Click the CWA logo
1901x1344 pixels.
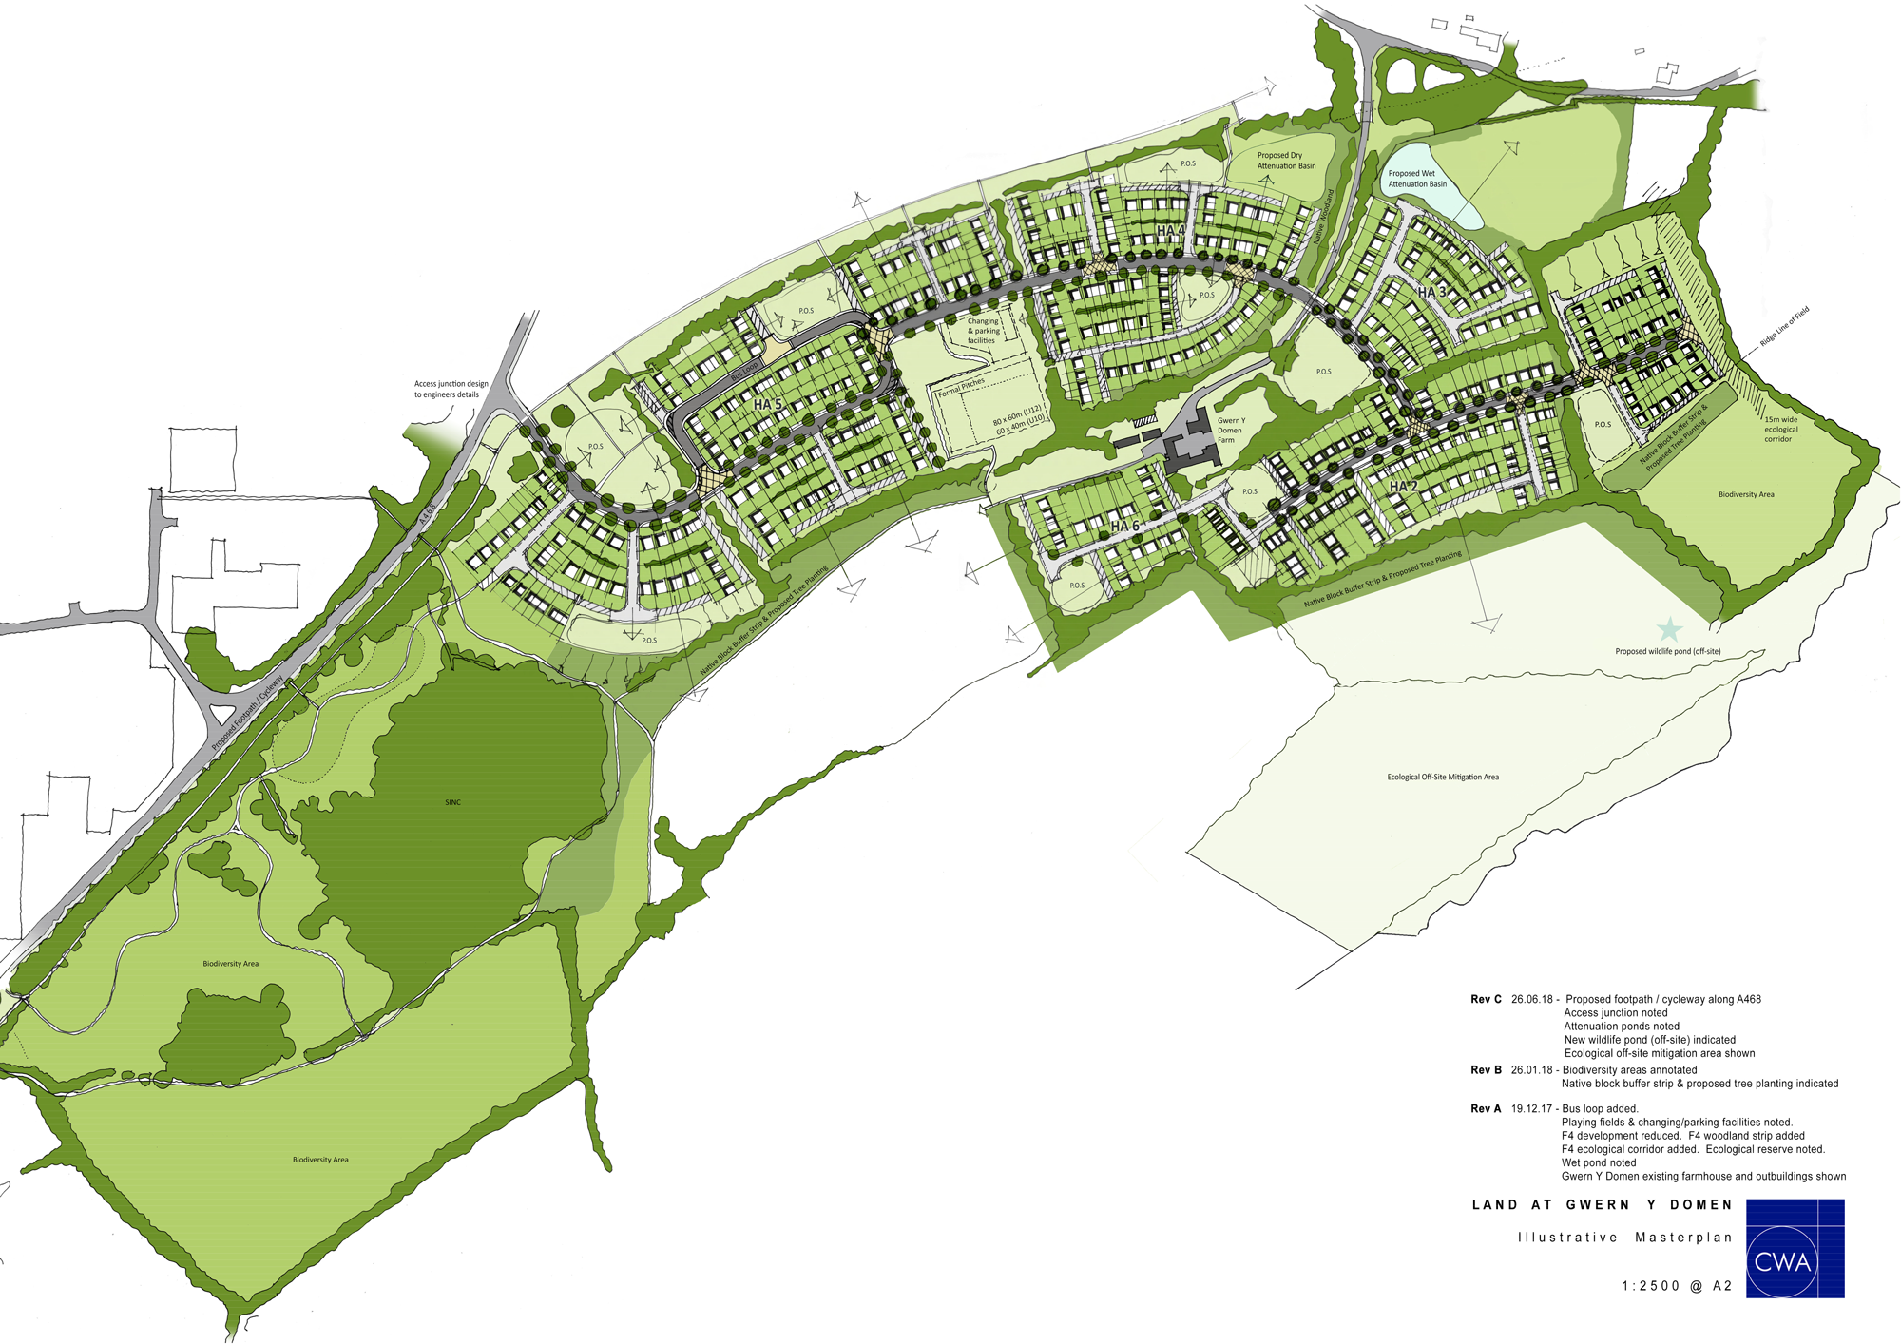(1795, 1249)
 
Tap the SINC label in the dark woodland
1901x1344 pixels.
(452, 802)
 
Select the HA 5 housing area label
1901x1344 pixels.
(767, 405)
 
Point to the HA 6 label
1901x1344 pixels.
(1124, 526)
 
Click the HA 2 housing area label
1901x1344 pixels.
(1403, 487)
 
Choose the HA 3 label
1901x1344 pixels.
(1431, 293)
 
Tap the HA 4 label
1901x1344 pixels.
(1170, 231)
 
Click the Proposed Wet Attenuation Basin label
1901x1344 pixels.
(1416, 179)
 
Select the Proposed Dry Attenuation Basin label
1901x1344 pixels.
(1286, 161)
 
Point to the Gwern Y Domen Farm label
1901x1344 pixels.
(1230, 431)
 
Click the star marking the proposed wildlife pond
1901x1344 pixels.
(1668, 629)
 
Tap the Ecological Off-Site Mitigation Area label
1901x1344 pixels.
(1442, 778)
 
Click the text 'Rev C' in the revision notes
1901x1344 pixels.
(1486, 999)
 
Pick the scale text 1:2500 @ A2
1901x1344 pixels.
(1677, 1286)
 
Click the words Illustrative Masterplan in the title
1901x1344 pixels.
(1624, 1238)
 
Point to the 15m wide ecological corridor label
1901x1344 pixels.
(1780, 429)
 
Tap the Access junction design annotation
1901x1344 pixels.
(451, 389)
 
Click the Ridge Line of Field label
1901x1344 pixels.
(1784, 326)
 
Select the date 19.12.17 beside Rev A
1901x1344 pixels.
(1531, 1108)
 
